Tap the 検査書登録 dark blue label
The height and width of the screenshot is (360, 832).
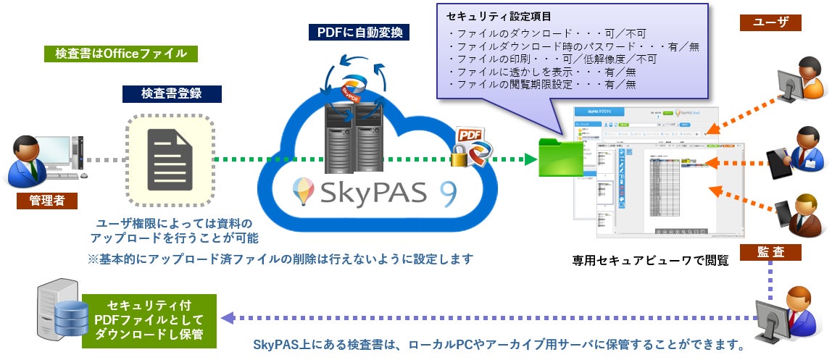coord(172,93)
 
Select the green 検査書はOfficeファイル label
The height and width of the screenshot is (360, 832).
coord(121,53)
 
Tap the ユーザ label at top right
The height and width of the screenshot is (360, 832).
coord(770,22)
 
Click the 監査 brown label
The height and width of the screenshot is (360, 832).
coord(770,252)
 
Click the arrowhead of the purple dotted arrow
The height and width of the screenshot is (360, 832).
coord(225,318)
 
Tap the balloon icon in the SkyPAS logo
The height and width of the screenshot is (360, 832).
coord(301,192)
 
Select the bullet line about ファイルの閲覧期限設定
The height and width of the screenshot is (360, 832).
coord(541,84)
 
